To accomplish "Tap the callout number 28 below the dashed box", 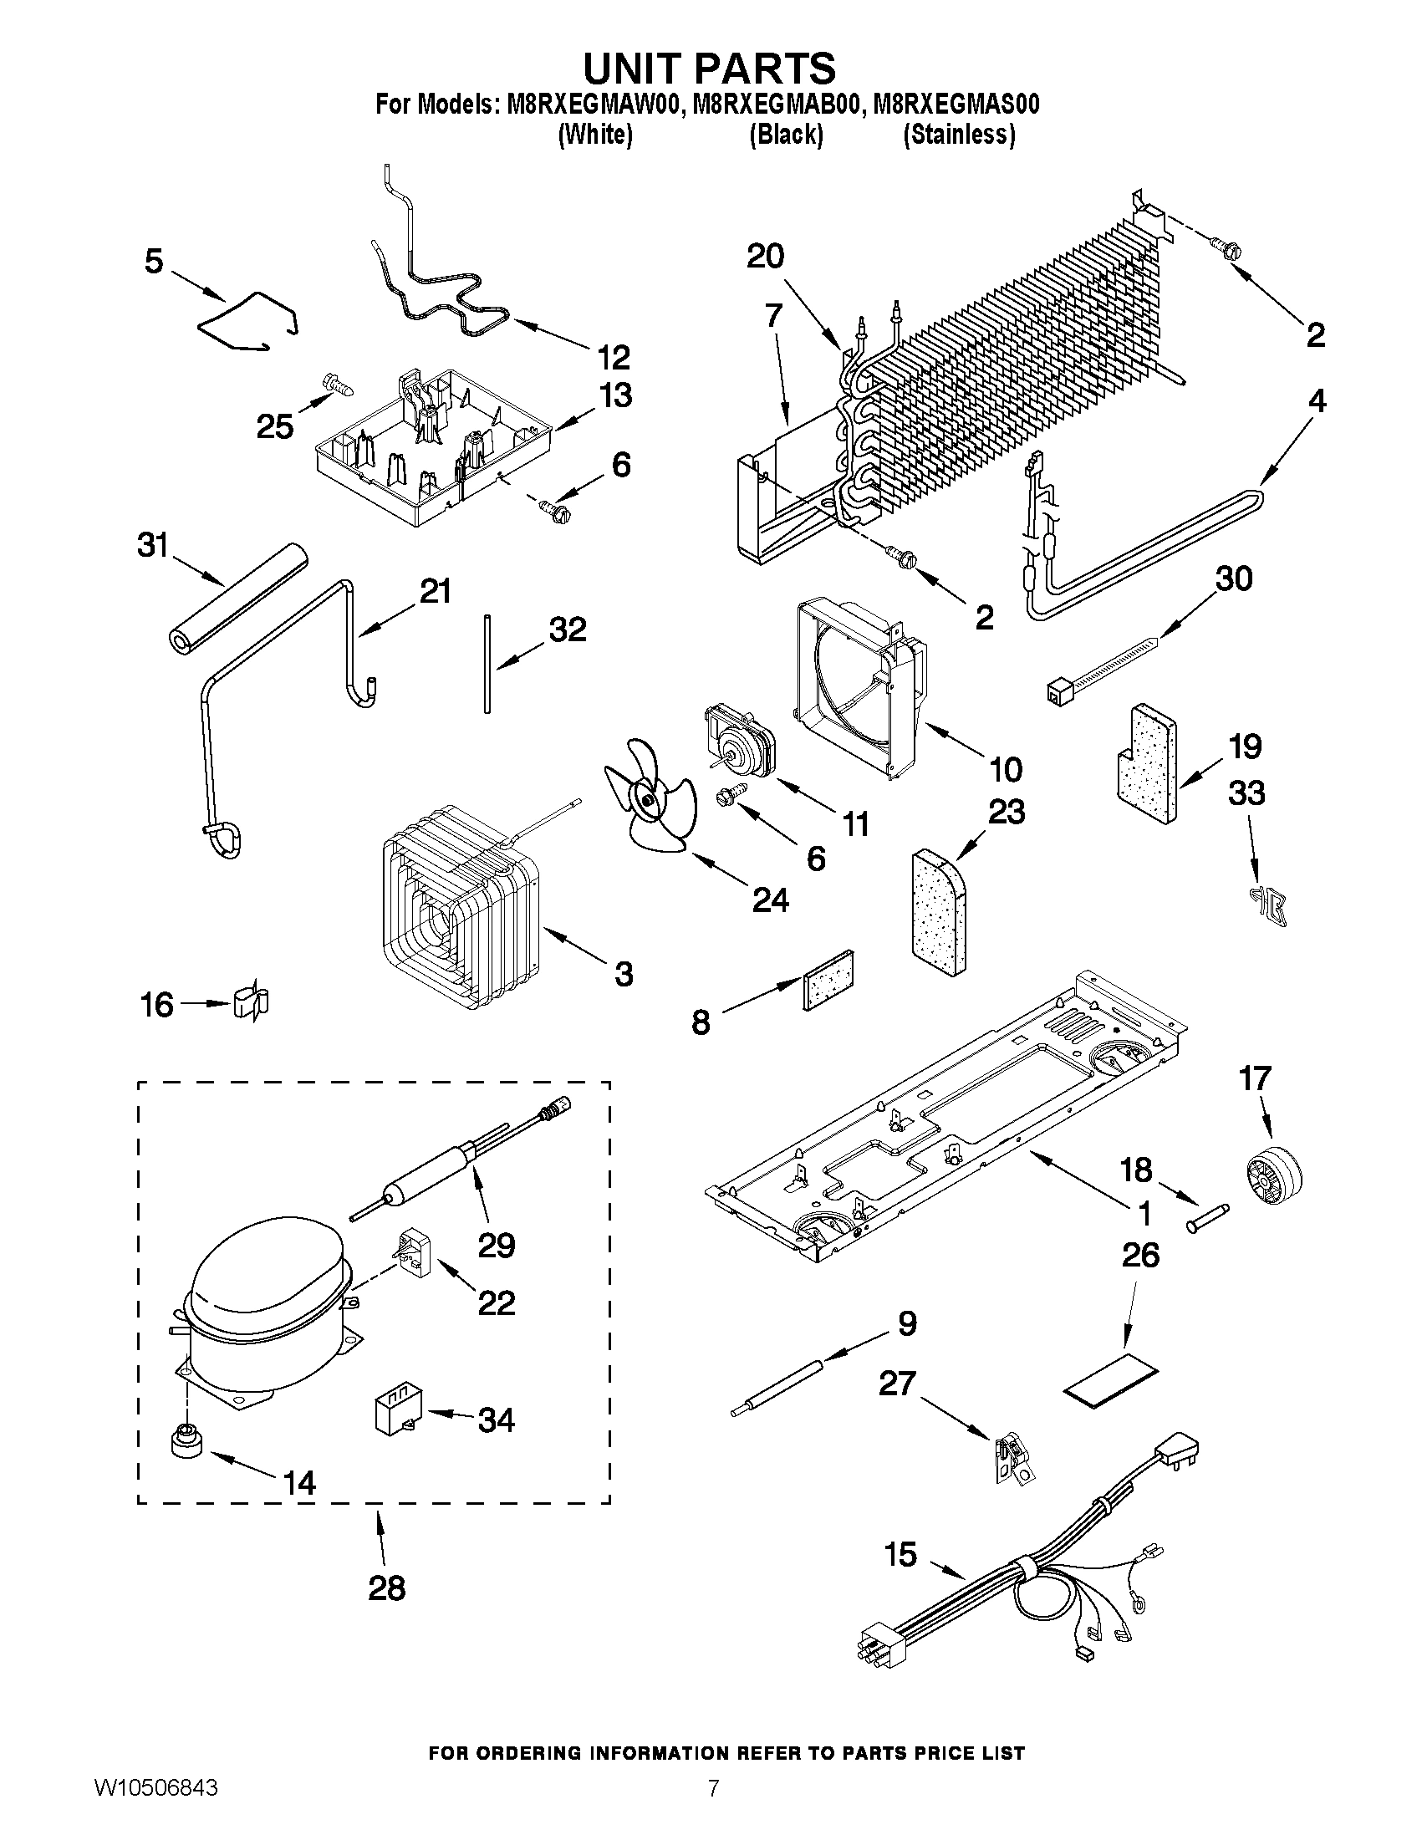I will (387, 1588).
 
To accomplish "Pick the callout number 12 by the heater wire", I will (614, 357).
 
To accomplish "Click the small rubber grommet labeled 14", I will (183, 1445).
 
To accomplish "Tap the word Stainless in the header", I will (959, 134).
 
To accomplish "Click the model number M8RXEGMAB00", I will (776, 104).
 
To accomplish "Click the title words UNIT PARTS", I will (709, 68).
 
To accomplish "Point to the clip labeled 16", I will (250, 1002).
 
